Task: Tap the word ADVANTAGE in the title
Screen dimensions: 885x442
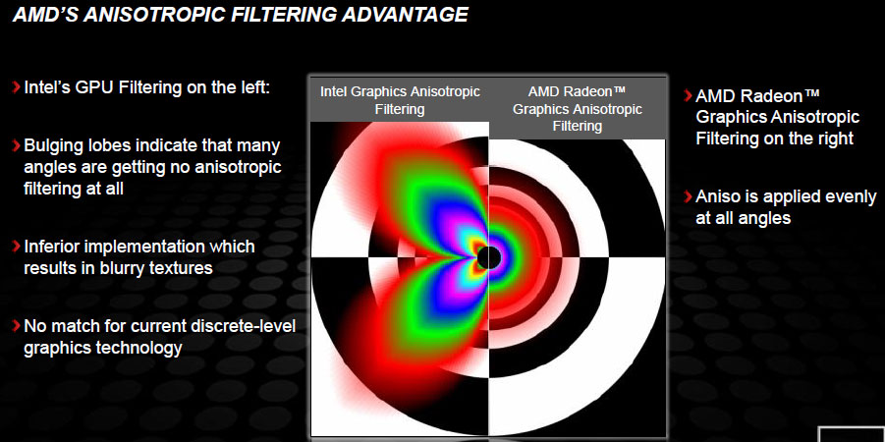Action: coord(405,15)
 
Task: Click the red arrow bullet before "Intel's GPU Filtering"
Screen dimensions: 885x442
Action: coord(17,87)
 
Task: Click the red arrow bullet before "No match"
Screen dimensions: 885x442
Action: coord(17,326)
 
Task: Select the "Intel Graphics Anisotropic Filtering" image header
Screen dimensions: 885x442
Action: coord(400,100)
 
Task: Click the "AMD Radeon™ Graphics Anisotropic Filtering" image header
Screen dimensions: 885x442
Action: coord(577,108)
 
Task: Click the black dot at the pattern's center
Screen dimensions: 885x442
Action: coord(489,258)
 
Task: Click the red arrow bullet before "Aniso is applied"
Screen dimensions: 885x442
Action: coord(688,196)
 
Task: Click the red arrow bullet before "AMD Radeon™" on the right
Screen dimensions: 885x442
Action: coord(688,95)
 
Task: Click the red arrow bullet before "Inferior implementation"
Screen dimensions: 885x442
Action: coord(17,247)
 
